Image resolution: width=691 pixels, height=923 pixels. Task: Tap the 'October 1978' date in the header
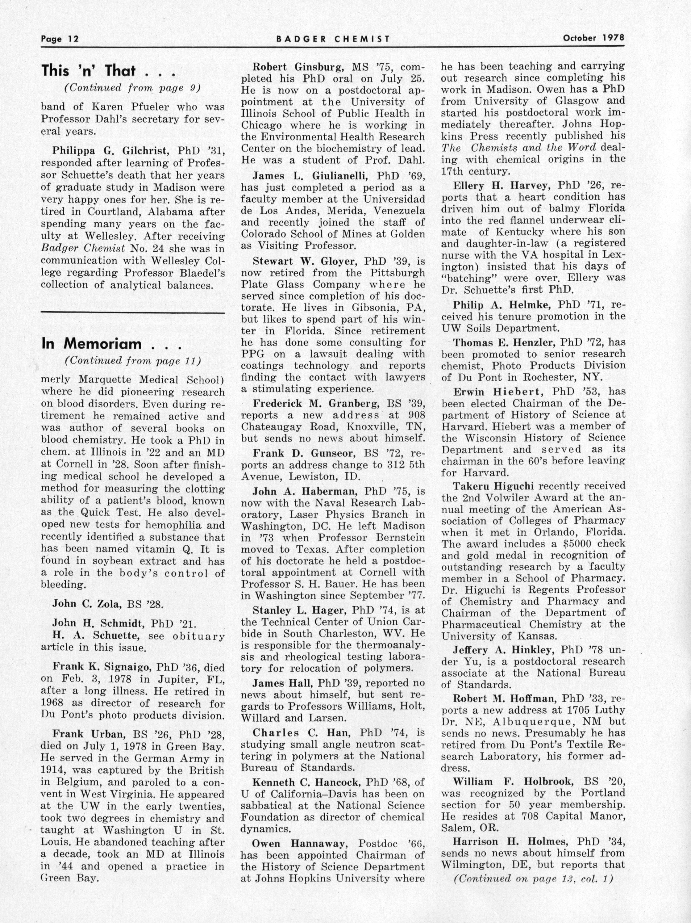point(593,38)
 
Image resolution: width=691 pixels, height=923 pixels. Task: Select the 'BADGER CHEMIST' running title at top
point(333,39)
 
